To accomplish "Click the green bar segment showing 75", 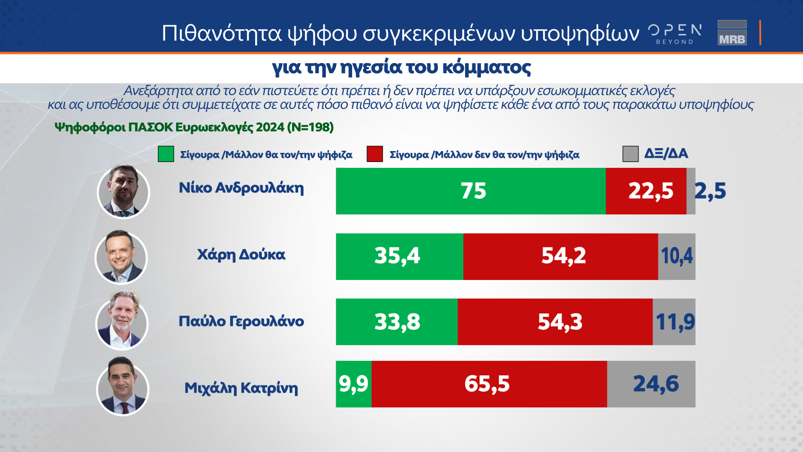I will tap(471, 191).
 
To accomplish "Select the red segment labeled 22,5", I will tap(646, 191).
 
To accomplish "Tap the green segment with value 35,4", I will tap(399, 257).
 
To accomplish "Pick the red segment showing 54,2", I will tap(560, 257).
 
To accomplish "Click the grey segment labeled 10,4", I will tap(677, 257).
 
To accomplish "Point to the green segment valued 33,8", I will tap(396, 322).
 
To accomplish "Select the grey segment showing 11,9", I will tap(674, 322).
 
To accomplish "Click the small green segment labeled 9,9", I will tap(353, 384).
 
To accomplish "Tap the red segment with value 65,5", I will tap(489, 384).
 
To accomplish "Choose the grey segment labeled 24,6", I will tap(651, 384).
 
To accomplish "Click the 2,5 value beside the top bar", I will tap(710, 191).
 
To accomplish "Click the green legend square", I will tap(166, 154).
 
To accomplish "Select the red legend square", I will tap(374, 154).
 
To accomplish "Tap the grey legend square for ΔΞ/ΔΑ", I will tap(630, 154).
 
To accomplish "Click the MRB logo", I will tap(732, 33).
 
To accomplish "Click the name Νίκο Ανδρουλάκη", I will tap(241, 188).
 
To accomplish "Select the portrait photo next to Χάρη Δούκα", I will tap(121, 257).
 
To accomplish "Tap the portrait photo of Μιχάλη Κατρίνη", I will tap(123, 387).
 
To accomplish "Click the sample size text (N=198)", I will tap(310, 127).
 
